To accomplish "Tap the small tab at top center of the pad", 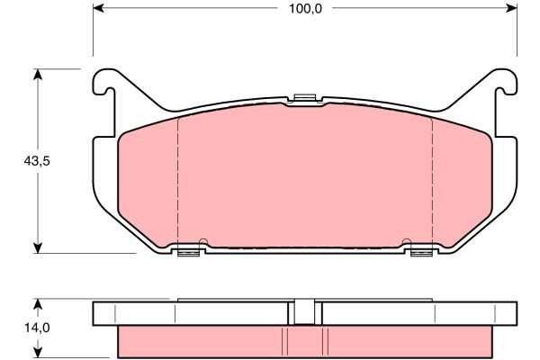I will tap(305, 96).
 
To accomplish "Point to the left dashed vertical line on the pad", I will tap(177, 180).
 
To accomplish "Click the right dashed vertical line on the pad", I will tap(433, 180).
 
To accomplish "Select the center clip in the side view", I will tap(304, 311).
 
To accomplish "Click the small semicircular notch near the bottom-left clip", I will tap(203, 242).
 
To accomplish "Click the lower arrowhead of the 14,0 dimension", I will tap(38, 352).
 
